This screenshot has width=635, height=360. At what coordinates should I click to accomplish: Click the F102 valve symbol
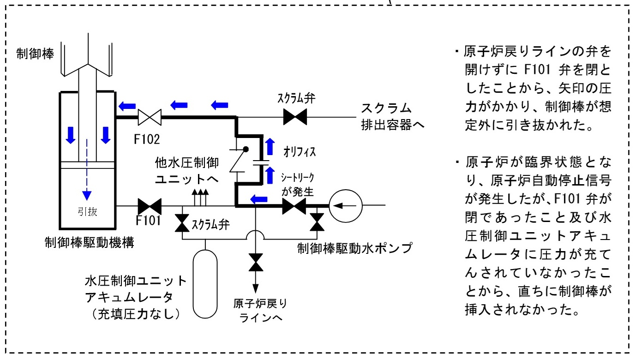[150, 117]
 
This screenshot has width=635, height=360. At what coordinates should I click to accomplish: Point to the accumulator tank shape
[205, 284]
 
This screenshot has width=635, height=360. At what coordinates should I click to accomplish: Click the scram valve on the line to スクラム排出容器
[295, 117]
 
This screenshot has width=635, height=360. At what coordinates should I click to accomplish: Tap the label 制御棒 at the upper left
[35, 54]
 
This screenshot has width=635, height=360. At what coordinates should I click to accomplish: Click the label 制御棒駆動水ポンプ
[354, 248]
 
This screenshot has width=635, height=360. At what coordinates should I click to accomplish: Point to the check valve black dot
[246, 149]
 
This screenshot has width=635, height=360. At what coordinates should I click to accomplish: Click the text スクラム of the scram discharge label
[386, 108]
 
